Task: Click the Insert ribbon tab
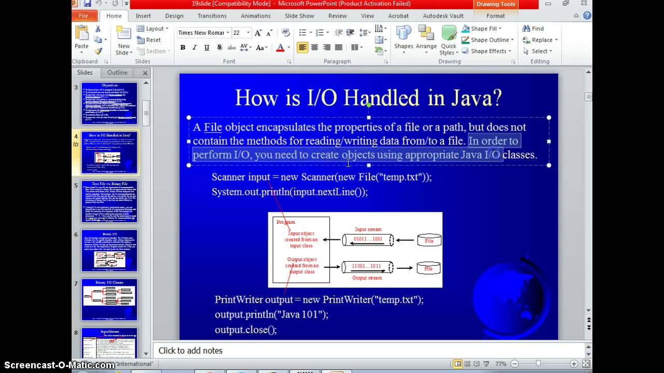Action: click(143, 16)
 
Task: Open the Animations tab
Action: click(256, 16)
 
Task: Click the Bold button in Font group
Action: click(183, 48)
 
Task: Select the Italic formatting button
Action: click(195, 48)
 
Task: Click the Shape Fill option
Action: click(483, 29)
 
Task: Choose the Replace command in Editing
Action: click(542, 40)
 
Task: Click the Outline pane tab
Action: click(117, 73)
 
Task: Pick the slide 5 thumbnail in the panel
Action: click(109, 202)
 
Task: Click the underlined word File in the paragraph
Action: click(213, 127)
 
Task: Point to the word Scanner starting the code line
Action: click(228, 177)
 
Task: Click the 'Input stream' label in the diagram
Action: click(368, 229)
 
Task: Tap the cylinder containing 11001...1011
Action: click(367, 267)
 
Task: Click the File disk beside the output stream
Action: click(428, 268)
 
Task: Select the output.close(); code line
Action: click(246, 329)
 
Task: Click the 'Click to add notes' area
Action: click(190, 351)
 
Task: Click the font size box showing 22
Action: click(237, 33)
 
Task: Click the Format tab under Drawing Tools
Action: click(495, 16)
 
